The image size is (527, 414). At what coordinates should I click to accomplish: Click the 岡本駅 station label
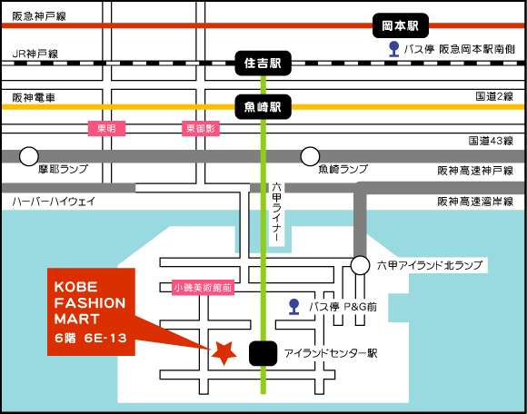click(401, 25)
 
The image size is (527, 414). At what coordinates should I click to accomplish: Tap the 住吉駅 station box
click(263, 64)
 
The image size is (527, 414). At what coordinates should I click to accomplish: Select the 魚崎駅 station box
click(263, 107)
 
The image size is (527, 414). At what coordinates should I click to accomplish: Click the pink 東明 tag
click(106, 128)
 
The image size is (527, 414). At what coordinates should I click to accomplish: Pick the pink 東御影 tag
click(201, 128)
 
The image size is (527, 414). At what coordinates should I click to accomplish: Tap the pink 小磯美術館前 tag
click(203, 288)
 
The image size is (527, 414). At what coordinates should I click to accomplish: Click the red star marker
click(224, 353)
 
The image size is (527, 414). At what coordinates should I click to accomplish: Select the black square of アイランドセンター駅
click(263, 353)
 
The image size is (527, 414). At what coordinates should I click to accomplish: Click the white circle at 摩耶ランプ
click(29, 156)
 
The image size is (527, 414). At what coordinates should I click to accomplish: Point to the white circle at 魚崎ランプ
click(310, 156)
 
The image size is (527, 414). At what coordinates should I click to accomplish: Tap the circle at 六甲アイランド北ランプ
click(360, 265)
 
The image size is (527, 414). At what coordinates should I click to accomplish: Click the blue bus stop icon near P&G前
click(294, 307)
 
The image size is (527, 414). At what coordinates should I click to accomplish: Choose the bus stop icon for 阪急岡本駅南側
click(393, 49)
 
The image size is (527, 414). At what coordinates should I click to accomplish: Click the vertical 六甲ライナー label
click(276, 212)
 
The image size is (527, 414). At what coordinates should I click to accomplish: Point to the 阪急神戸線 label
click(39, 16)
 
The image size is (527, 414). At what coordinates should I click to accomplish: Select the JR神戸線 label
click(35, 54)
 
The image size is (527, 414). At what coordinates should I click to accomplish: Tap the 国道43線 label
click(491, 141)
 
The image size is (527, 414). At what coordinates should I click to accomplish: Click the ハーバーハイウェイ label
click(54, 202)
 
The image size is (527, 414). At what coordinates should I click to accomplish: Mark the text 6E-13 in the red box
click(105, 338)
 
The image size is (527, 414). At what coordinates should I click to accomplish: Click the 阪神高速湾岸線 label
click(475, 202)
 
